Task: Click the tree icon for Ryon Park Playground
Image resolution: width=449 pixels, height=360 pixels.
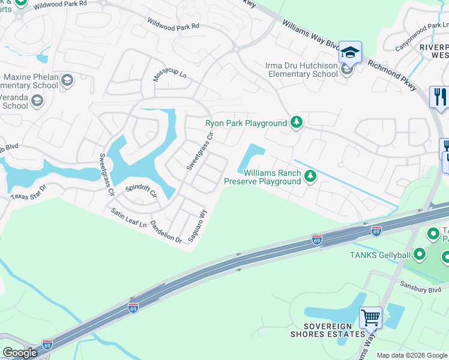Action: [296, 123]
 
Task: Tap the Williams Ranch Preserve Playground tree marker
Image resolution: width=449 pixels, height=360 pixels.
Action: [310, 176]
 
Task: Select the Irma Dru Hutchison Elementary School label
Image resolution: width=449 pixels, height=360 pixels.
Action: [301, 70]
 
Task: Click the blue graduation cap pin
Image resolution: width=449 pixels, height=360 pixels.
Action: [349, 53]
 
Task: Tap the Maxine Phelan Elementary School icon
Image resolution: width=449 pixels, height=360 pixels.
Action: [67, 80]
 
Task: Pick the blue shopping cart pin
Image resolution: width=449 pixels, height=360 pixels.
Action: [370, 317]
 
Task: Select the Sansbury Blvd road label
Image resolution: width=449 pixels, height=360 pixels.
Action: [416, 289]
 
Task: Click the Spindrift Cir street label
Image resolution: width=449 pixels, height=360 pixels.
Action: [140, 191]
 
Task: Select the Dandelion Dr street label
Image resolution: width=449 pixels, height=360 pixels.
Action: [166, 230]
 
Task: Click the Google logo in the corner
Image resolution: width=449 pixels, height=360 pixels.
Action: [20, 353]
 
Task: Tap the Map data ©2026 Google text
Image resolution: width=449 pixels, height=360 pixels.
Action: [411, 355]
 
